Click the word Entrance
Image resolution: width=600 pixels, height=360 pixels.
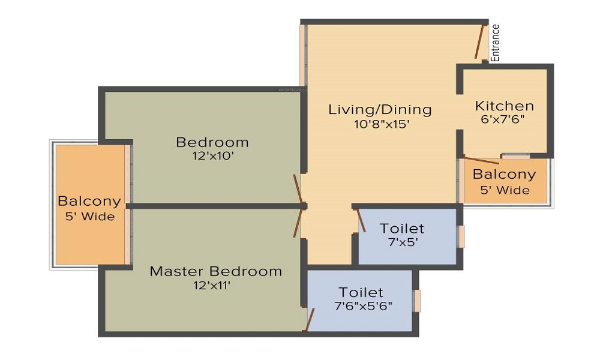[x=495, y=43]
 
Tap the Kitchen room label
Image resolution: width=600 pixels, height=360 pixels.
[x=505, y=106]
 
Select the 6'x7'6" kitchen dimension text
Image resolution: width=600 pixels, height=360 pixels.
[x=502, y=119]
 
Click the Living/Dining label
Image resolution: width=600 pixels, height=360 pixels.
[x=380, y=110]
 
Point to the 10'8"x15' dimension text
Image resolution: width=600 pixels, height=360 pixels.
[x=382, y=124]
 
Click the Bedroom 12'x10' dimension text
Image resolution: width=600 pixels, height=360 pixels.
[x=213, y=156]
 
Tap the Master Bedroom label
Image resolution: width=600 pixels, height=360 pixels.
[x=216, y=271]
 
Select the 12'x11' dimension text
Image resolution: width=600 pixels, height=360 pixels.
[x=212, y=286]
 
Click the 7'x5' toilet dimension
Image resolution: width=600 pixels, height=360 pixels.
[x=403, y=242]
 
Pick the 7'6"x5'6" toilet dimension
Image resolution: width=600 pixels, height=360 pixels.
[x=363, y=306]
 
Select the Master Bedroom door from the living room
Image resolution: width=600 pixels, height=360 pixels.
[x=298, y=223]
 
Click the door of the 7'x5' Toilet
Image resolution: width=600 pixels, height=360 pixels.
[x=361, y=220]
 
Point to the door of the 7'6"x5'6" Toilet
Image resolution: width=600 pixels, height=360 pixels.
[x=309, y=320]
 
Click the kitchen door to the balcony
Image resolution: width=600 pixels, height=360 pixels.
[x=481, y=160]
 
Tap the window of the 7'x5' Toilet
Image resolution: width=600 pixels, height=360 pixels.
[x=461, y=236]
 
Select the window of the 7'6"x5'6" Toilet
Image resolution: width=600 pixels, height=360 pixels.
[x=417, y=301]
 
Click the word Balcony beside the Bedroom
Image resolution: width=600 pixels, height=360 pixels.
[x=89, y=201]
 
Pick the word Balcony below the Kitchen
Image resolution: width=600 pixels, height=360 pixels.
[x=505, y=175]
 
